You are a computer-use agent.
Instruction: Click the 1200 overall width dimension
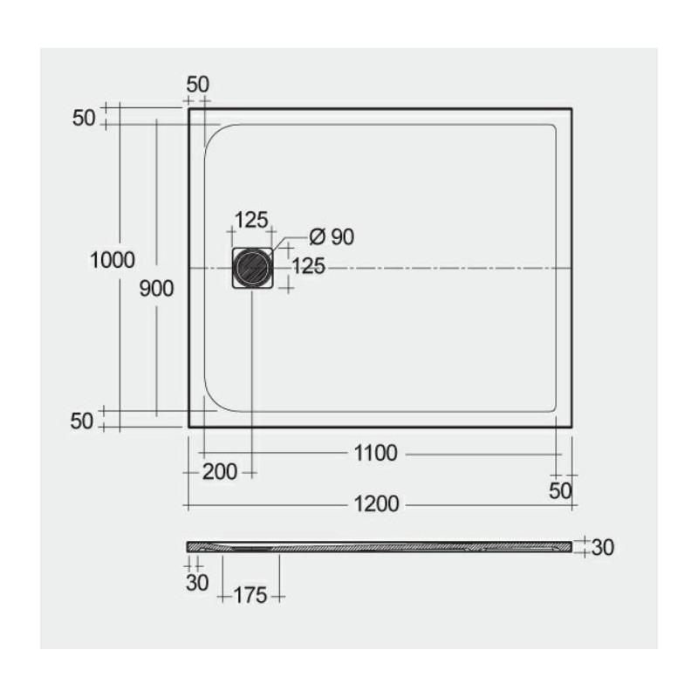pos(376,504)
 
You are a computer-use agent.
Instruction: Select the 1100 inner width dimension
pos(375,454)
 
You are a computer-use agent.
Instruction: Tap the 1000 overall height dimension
pos(113,260)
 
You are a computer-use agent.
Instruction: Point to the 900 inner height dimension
pos(156,289)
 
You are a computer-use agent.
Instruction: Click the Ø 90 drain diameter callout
pos(332,236)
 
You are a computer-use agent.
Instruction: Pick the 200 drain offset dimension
pos(220,472)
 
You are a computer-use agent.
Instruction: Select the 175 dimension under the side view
pos(250,596)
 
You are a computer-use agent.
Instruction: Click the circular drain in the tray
pos(252,268)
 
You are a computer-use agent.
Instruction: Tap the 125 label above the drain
pos(251,220)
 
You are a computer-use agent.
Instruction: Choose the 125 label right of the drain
pos(309,266)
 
